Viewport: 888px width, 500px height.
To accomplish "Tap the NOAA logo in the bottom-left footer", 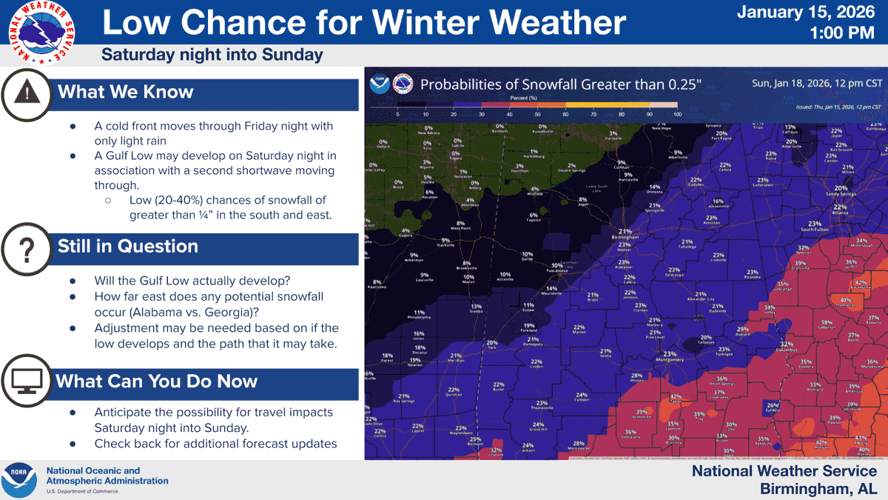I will tap(20, 480).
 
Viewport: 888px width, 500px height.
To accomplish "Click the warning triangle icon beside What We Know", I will tap(27, 93).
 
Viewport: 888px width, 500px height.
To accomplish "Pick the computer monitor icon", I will tap(27, 381).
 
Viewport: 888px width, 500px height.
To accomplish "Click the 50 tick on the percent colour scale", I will tap(536, 115).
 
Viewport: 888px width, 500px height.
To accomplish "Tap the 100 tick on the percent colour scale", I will tap(676, 115).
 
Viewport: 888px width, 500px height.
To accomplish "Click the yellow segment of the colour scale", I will tap(607, 105).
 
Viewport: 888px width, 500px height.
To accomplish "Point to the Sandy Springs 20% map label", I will tap(841, 190).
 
